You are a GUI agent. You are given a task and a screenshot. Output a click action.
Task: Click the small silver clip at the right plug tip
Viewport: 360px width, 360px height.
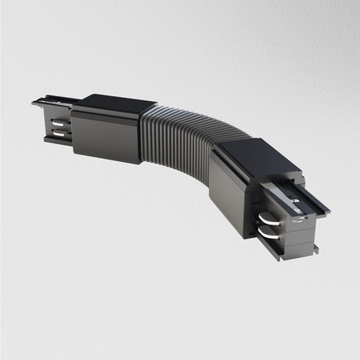pos(300,224)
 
